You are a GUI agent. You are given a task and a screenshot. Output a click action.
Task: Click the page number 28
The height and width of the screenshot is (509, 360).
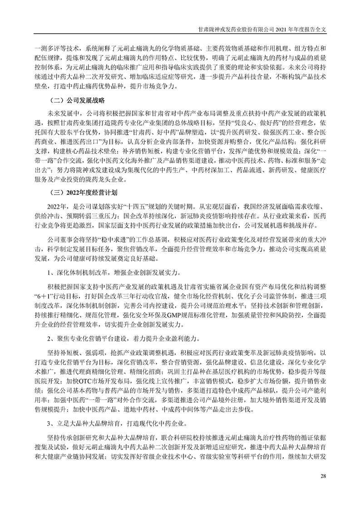tap(323, 476)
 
